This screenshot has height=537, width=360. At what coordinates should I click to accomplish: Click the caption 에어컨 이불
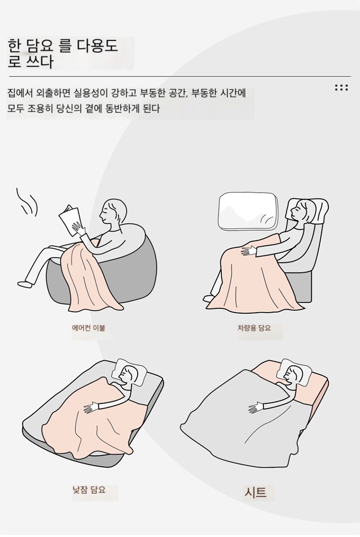(88, 328)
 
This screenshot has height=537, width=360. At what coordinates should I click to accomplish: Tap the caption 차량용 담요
(254, 328)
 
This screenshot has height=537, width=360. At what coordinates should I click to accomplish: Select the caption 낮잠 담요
(89, 490)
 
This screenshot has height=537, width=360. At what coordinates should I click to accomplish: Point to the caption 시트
(255, 492)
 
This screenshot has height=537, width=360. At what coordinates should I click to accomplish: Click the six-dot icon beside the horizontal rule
(341, 87)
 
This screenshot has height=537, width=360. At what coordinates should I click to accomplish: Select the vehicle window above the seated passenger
(248, 211)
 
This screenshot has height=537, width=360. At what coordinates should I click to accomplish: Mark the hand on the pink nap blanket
(90, 407)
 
